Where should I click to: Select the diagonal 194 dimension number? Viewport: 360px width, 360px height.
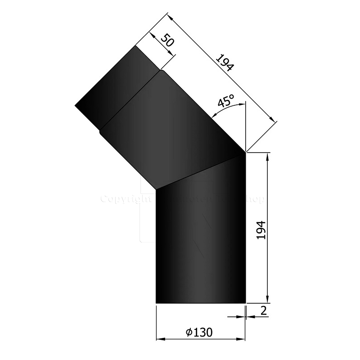click(x=224, y=63)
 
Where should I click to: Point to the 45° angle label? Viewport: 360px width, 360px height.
click(x=226, y=102)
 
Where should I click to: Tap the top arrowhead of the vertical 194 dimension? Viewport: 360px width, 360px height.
click(x=268, y=156)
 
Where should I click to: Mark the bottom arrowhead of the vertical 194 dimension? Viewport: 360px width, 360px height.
click(x=268, y=300)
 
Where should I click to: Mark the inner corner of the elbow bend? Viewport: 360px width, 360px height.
click(x=155, y=189)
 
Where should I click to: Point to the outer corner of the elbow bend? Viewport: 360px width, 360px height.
click(x=246, y=153)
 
